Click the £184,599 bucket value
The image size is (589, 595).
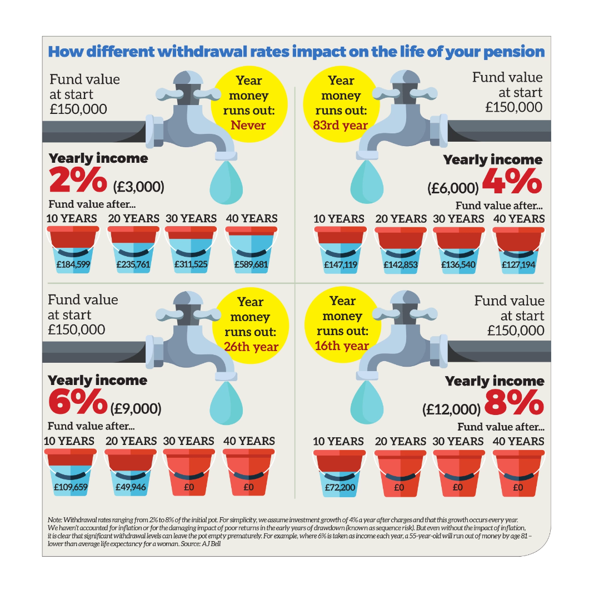(x=73, y=264)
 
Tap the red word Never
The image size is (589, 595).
(x=248, y=125)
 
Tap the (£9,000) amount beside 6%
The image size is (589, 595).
(x=136, y=409)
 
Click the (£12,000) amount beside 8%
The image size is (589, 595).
(x=451, y=409)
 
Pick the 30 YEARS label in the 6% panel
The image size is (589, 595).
(x=188, y=441)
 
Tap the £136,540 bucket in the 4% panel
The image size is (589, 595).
(x=458, y=264)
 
